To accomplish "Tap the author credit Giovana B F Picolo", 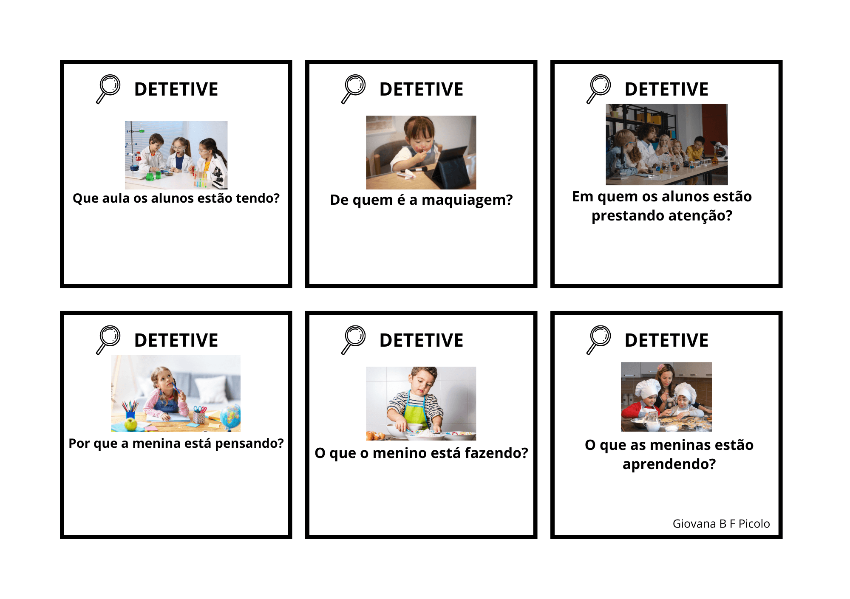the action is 721,524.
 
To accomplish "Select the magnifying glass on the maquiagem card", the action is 353,89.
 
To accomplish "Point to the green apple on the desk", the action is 131,424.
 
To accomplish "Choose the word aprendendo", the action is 669,464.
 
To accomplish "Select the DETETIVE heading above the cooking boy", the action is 421,340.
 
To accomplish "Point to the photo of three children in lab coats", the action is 176,155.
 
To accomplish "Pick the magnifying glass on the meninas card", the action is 598,340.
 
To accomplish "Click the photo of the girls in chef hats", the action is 666,397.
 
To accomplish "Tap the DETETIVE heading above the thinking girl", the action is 176,340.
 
